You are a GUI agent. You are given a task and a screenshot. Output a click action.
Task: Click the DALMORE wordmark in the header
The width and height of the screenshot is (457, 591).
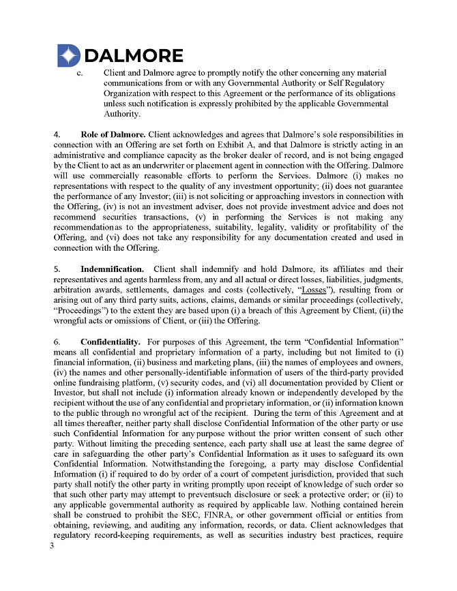[133, 56]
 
